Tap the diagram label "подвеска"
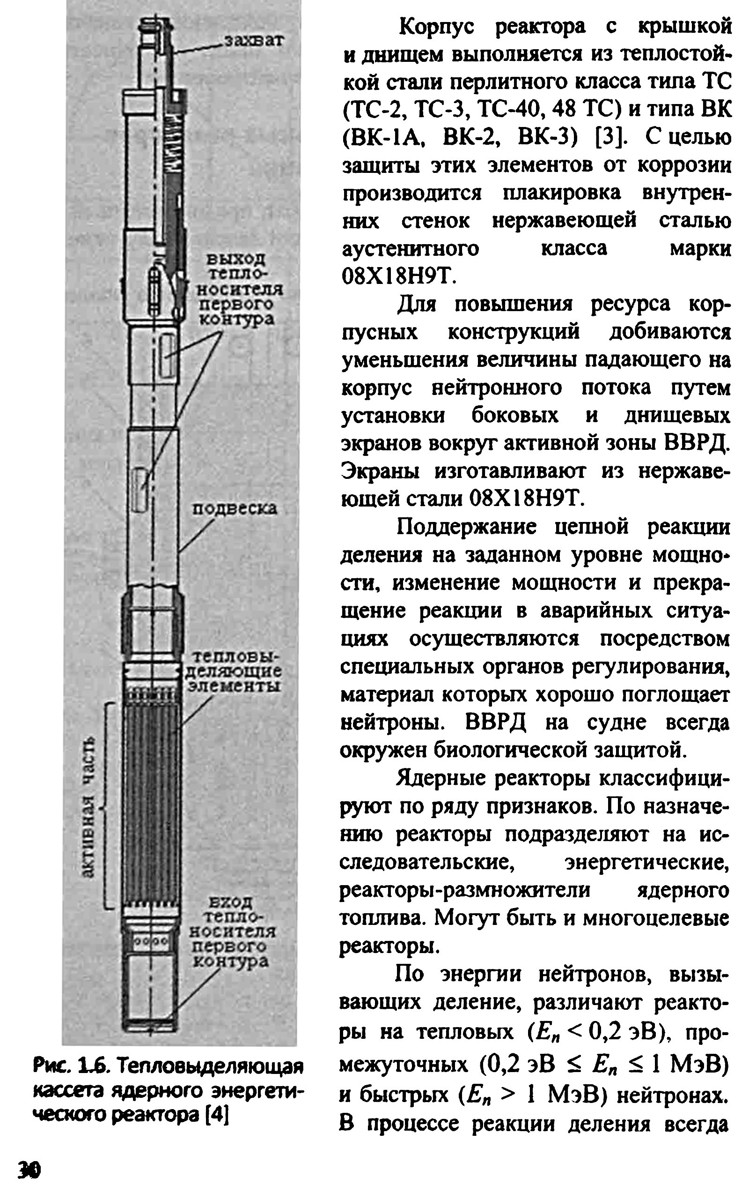[x=234, y=508]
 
